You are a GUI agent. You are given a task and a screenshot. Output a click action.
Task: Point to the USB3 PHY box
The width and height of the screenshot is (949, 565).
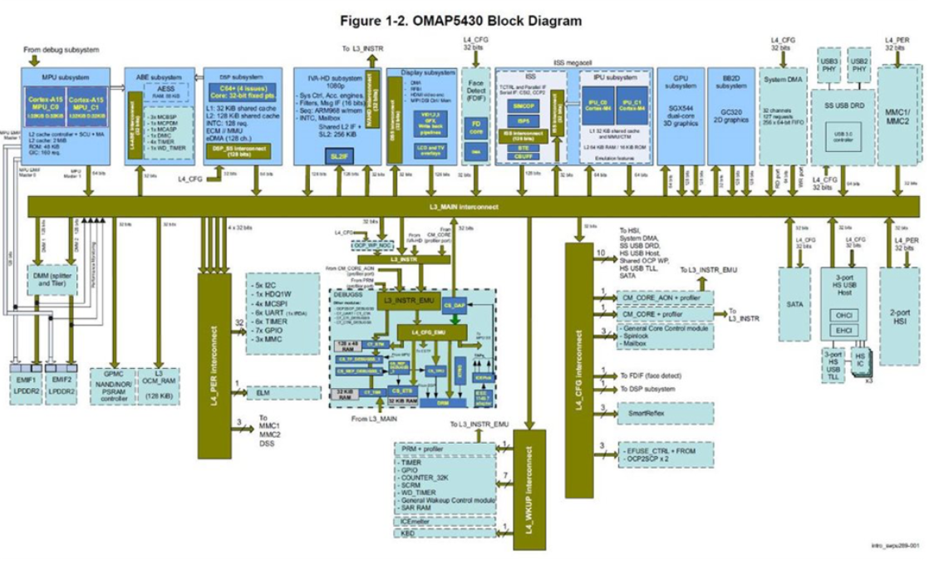(829, 66)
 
